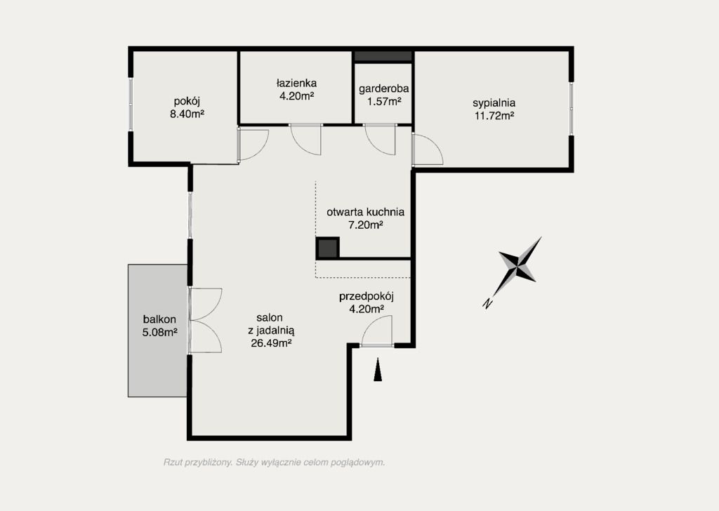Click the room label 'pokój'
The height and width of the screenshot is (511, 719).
187,102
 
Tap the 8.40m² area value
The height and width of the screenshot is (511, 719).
187,114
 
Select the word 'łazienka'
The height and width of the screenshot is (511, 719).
297,84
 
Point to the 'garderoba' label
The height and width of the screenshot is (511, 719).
384,88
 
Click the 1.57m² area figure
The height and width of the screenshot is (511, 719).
384,101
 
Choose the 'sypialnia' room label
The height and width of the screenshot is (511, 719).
494,104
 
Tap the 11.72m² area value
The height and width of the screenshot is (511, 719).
494,116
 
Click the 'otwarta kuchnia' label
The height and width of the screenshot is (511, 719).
365,212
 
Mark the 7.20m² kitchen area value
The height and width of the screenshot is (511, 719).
366,225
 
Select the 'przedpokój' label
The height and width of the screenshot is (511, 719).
367,297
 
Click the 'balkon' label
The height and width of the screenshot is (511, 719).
159,319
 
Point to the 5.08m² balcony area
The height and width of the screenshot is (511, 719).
159,332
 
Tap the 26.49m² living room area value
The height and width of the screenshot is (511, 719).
272,343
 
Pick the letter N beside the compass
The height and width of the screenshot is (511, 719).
487,303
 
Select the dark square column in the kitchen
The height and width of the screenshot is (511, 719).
327,248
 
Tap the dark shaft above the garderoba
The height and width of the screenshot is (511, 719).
383,56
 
